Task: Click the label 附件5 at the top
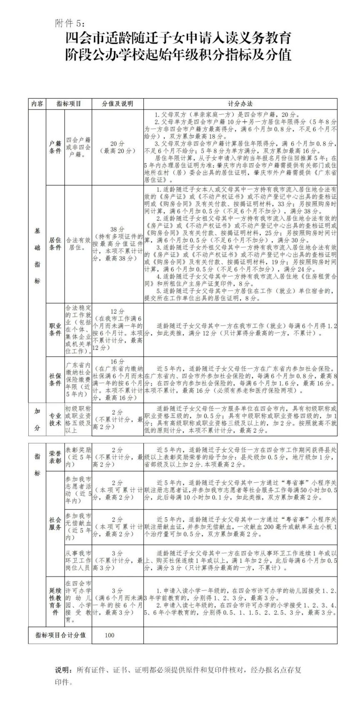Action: click(69, 23)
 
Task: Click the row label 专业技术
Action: click(55, 419)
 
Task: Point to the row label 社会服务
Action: click(55, 524)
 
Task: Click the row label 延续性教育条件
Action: click(55, 601)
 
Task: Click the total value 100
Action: click(110, 635)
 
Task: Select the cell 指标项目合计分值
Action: click(60, 635)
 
